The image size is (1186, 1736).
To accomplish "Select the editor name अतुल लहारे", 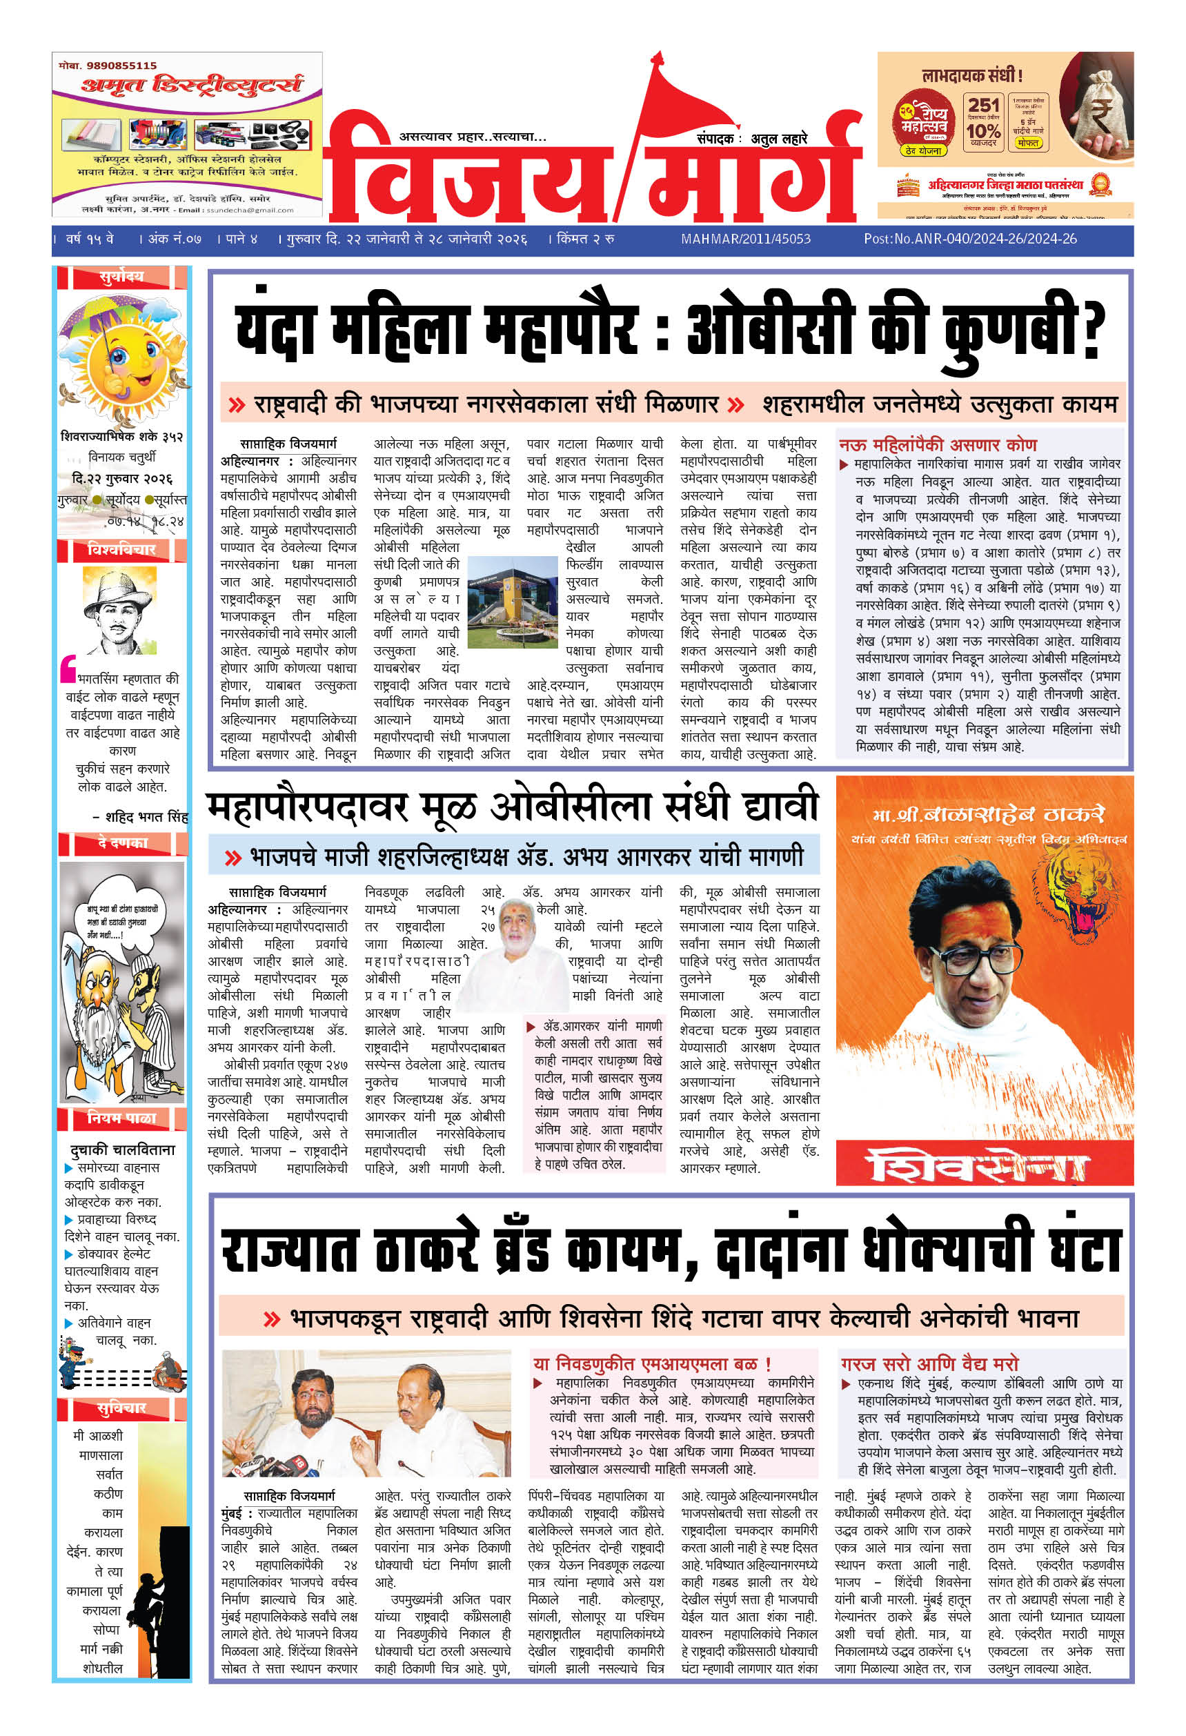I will click(x=780, y=139).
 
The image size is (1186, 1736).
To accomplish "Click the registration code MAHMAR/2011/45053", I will click(x=745, y=239).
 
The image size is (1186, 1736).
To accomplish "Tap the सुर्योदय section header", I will click(x=121, y=277).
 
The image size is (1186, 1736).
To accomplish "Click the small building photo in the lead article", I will click(x=513, y=593).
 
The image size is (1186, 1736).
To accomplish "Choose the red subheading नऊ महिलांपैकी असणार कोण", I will click(x=938, y=444).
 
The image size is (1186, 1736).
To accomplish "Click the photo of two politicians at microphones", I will click(x=366, y=1412).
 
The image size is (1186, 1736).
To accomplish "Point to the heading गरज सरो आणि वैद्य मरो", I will click(x=930, y=1363).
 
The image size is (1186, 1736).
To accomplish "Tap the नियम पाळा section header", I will click(x=121, y=1118).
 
